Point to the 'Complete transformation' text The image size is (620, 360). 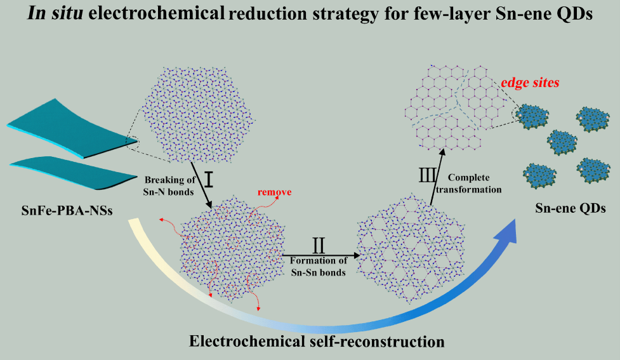coord(475,184)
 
